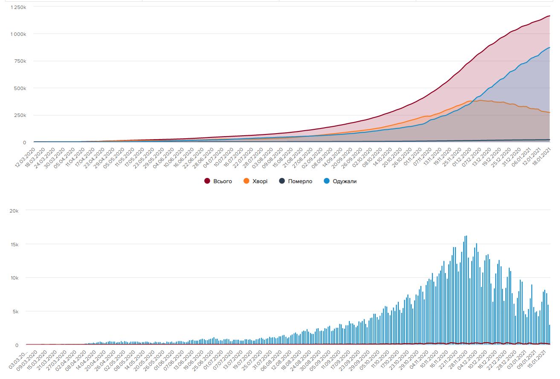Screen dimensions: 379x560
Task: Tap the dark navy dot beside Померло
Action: click(282, 181)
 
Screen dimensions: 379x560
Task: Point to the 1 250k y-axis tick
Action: click(19, 7)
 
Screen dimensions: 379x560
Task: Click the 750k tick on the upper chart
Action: click(20, 61)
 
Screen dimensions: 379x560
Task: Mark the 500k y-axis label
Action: click(20, 88)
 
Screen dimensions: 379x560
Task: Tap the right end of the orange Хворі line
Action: click(549, 113)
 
